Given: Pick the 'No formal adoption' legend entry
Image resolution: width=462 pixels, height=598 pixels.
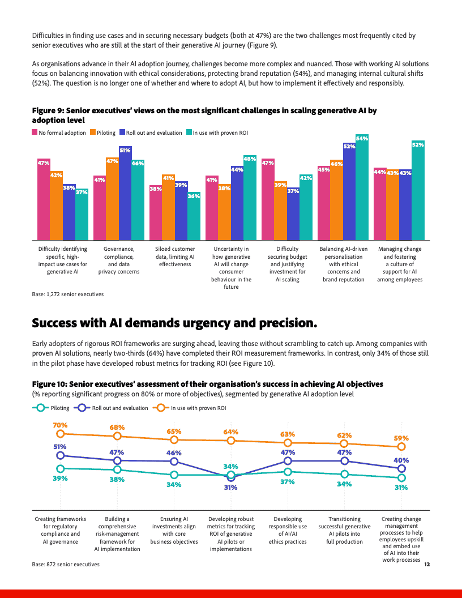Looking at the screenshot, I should coord(59,133).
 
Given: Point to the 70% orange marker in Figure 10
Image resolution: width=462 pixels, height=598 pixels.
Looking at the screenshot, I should coord(61,434).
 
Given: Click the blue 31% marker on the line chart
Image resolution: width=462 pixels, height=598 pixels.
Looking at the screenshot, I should coord(230,477).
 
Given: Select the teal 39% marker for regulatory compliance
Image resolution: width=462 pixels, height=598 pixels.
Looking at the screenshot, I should coord(61,468).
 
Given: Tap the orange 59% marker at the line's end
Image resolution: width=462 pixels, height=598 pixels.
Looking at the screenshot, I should coord(401,447).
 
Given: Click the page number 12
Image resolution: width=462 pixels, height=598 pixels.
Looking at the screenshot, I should coord(427,564).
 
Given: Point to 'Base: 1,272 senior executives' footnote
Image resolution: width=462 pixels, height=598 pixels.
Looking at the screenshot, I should coord(68,294).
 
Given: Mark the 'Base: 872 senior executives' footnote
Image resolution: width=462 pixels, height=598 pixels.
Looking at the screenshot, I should coord(66,564).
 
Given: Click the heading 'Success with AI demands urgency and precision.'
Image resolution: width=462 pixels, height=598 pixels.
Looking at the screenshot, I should coord(174,323).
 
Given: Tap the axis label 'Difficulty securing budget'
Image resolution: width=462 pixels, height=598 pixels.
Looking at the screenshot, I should coord(288,256).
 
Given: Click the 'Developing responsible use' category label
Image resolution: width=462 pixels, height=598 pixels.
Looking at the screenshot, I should coord(288,526).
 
